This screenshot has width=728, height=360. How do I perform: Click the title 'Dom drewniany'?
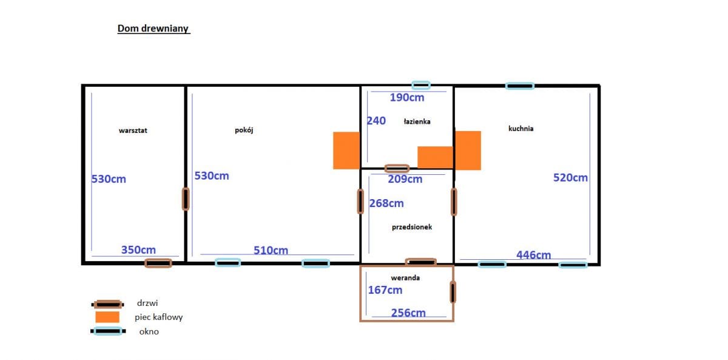tap(153, 29)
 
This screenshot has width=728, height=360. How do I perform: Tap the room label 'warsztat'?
tap(133, 131)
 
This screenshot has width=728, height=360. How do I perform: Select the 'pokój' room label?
tap(244, 130)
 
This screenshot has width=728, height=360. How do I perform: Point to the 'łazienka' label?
tap(417, 121)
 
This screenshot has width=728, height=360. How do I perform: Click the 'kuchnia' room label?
tap(521, 129)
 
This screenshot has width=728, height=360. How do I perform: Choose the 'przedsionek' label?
tap(412, 227)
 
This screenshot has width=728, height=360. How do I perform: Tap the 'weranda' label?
tap(405, 277)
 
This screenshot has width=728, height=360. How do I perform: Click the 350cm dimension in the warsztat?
tap(138, 250)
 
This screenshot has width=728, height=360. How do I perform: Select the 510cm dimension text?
tap(271, 250)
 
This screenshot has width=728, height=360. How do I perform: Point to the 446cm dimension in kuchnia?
tap(534, 255)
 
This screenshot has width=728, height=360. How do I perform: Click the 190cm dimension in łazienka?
tap(407, 98)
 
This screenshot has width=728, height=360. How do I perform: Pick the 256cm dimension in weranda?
tap(408, 313)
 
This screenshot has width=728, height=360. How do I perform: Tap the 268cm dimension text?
tap(386, 203)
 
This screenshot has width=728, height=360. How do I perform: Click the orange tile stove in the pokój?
tap(346, 151)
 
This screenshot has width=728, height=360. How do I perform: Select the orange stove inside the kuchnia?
tap(468, 151)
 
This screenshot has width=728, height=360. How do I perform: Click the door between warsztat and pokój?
tap(186, 199)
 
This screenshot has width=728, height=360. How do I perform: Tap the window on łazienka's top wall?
tap(421, 86)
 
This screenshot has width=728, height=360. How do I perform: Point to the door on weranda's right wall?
tap(453, 292)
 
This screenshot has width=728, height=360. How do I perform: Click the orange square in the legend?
tap(107, 317)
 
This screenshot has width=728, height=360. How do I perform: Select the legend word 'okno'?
tap(149, 331)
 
